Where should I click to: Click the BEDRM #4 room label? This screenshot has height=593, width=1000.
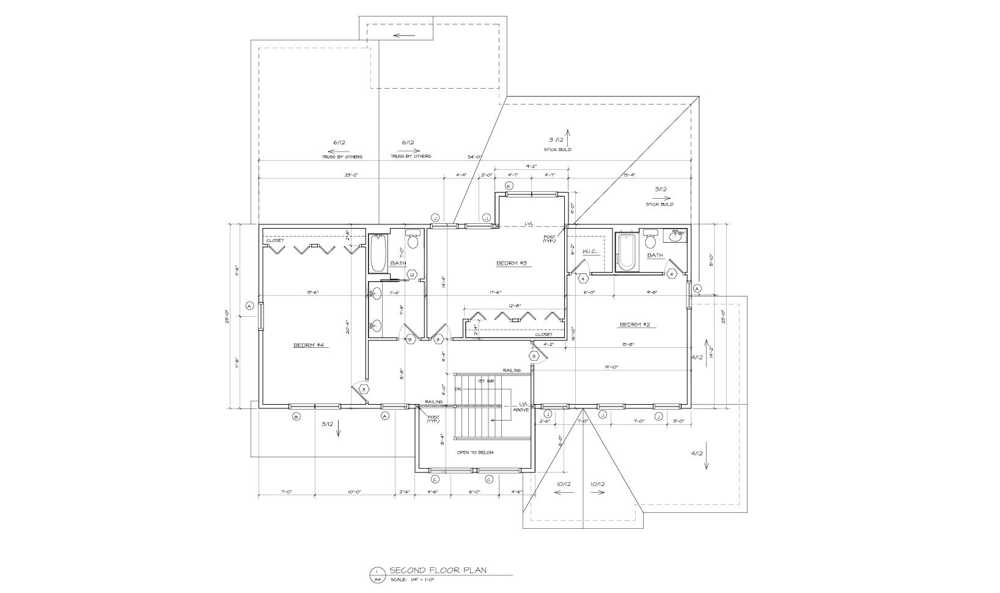click(x=311, y=345)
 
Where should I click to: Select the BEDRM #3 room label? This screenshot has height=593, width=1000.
click(x=511, y=263)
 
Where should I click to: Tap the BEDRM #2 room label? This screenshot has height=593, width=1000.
click(x=638, y=325)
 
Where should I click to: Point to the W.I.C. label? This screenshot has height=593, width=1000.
click(x=590, y=251)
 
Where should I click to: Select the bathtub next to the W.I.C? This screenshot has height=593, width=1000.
click(x=626, y=251)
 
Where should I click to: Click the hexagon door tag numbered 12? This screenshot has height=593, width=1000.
click(x=413, y=275)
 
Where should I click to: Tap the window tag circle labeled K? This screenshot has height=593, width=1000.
click(x=508, y=186)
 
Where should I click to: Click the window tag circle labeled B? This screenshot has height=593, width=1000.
click(x=296, y=416)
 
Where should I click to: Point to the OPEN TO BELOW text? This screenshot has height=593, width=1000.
click(x=475, y=452)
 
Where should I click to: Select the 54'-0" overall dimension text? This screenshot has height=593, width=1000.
click(x=475, y=157)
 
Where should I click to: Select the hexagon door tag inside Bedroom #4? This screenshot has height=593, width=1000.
click(x=363, y=389)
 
